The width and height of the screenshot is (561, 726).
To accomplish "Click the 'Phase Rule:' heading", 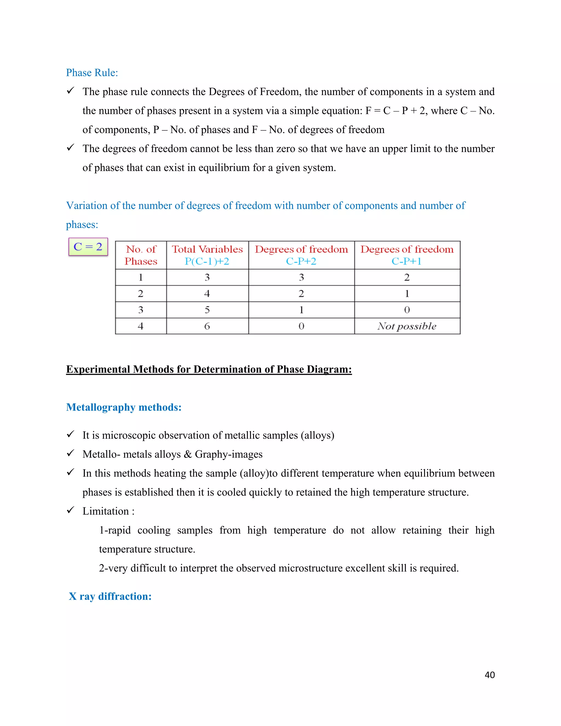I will pos(92,73).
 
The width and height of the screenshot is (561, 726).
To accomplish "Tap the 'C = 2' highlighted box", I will pos(88,247).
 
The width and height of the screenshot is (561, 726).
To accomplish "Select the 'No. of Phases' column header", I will pos(141,255).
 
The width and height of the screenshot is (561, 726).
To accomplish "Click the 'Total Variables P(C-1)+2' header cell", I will pos(207,255).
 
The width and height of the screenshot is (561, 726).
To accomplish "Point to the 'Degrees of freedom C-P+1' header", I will pos(407,255).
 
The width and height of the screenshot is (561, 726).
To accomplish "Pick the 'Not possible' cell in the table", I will pos(407,326).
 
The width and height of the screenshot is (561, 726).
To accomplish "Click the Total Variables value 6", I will pos(207,326).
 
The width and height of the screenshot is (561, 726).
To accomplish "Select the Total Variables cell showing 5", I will pos(207,310).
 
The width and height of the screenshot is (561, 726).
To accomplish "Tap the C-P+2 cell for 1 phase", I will pos(301,277).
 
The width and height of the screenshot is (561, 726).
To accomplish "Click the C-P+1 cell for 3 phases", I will pos(407,310).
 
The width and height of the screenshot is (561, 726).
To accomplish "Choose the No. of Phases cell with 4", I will pos(141,326).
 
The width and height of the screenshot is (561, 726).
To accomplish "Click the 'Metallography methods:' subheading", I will pos(124,407).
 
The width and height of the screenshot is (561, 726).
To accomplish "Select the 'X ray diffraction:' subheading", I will pos(110,596).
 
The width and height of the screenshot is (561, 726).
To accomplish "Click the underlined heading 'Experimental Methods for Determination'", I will pos(209,369).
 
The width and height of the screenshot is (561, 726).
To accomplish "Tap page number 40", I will pos(490,675).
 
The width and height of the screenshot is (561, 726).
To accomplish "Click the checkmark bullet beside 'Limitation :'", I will pos(70,510).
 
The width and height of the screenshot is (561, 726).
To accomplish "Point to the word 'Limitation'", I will pos(106,511).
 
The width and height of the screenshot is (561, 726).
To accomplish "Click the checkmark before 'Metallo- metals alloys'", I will pos(70,453).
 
